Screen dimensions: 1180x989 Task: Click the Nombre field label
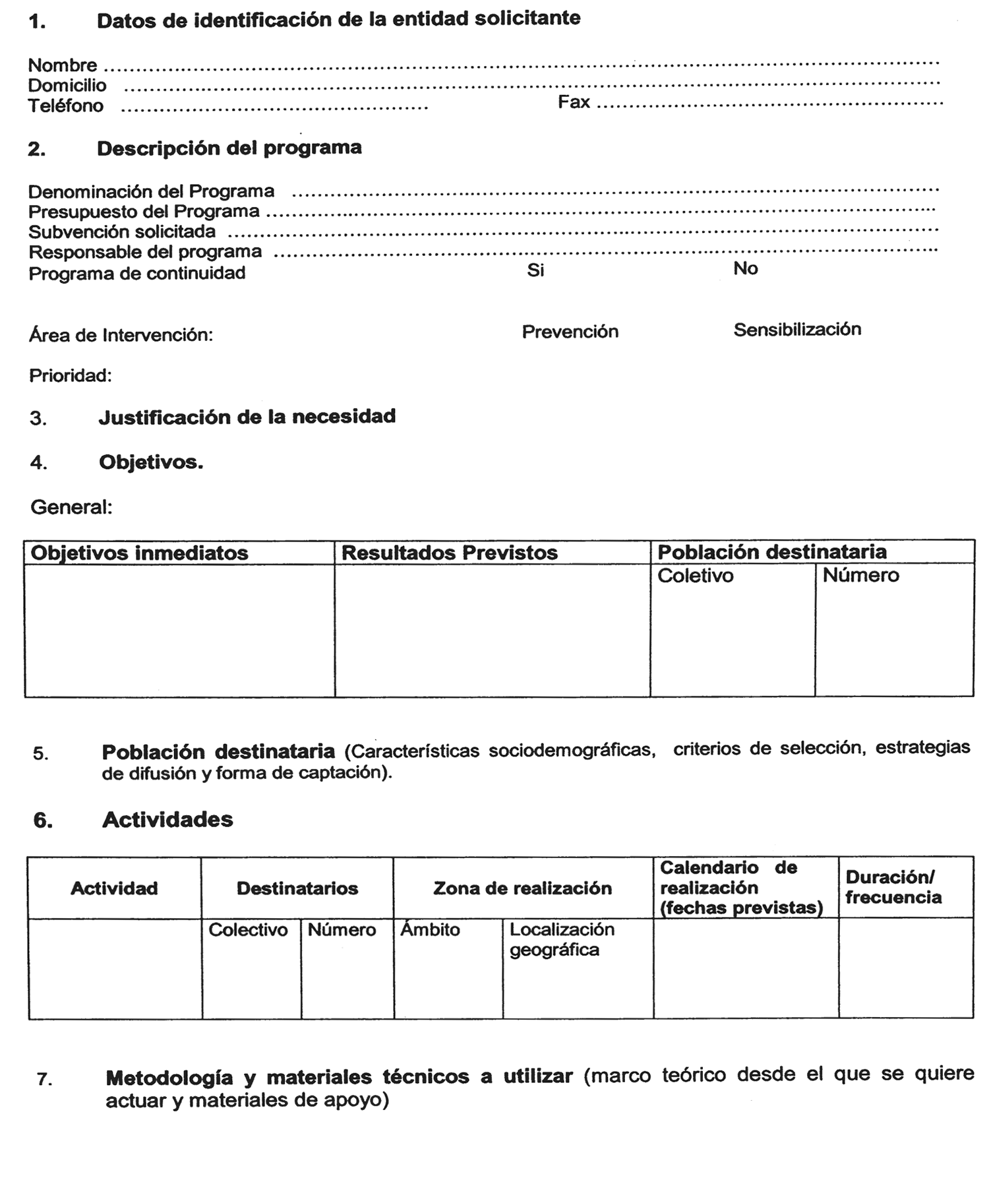62,65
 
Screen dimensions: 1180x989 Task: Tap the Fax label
574,102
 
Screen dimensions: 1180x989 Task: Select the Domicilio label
67,86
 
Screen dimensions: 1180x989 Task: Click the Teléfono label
65,106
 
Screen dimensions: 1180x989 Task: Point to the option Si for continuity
535,270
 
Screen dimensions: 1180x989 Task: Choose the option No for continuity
745,268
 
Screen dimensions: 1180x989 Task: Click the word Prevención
570,331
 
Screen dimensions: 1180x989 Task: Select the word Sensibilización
796,329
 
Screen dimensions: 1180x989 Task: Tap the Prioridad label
70,376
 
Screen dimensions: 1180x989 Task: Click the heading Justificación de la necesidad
247,417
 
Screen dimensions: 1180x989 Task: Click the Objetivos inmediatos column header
140,553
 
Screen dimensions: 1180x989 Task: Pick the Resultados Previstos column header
449,553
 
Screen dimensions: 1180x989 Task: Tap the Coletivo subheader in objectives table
695,576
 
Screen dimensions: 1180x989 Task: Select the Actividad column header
114,888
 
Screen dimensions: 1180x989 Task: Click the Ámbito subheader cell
430,930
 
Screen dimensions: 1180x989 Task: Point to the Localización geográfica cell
561,939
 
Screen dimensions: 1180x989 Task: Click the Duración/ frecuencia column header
893,887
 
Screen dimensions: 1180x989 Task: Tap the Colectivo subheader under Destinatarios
248,930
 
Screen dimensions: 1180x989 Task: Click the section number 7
44,1079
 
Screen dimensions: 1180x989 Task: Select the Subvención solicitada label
122,232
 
